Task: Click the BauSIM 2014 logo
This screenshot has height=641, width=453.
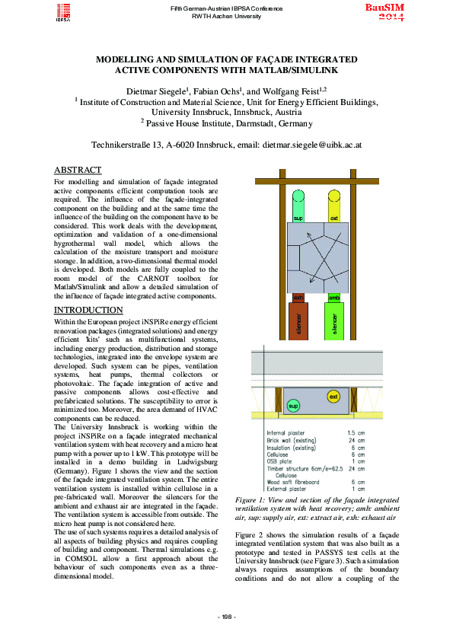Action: [x=384, y=11]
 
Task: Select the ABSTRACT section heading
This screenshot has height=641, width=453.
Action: [x=78, y=170]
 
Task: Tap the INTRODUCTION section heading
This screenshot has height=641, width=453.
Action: [x=88, y=311]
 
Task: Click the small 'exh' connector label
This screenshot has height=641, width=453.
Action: [x=298, y=298]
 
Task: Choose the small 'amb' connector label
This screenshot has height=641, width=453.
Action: [x=333, y=298]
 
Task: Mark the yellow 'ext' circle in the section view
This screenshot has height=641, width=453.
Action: [x=333, y=397]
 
